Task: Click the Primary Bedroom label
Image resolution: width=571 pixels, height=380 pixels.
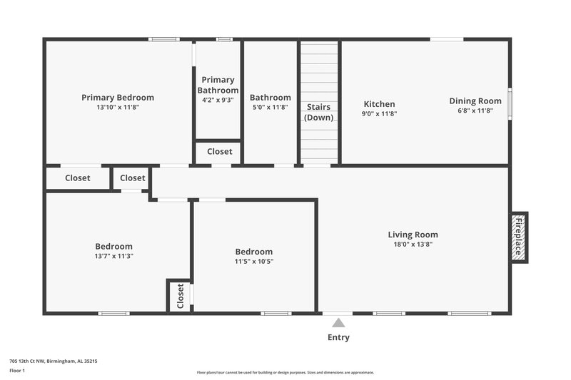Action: pyautogui.click(x=118, y=98)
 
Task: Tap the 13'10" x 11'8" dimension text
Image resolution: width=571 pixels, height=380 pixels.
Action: pyautogui.click(x=118, y=108)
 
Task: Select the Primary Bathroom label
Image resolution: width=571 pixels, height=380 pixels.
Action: pyautogui.click(x=218, y=85)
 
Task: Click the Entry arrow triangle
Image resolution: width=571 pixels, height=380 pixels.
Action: pyautogui.click(x=338, y=323)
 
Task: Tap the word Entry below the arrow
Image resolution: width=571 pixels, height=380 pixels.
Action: pyautogui.click(x=338, y=337)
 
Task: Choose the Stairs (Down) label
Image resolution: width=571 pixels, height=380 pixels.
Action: pyautogui.click(x=318, y=112)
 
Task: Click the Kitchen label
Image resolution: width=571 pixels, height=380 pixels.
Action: pyautogui.click(x=379, y=103)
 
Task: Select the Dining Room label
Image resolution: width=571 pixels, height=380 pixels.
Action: pyautogui.click(x=475, y=101)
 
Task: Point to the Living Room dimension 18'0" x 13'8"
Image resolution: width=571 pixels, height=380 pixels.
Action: pyautogui.click(x=413, y=245)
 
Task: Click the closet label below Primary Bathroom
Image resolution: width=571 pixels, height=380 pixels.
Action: pyautogui.click(x=219, y=152)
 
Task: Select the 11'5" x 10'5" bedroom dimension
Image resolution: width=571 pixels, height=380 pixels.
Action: pyautogui.click(x=254, y=262)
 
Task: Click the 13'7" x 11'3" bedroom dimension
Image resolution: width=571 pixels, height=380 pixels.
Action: pyautogui.click(x=113, y=256)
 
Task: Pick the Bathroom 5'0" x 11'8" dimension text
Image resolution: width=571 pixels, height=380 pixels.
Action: pyautogui.click(x=270, y=108)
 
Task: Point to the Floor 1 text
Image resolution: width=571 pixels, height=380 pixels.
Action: pyautogui.click(x=17, y=371)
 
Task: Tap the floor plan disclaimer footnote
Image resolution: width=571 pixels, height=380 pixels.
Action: pyautogui.click(x=285, y=372)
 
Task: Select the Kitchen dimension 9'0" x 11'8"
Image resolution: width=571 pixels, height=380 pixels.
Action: pyautogui.click(x=379, y=113)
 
